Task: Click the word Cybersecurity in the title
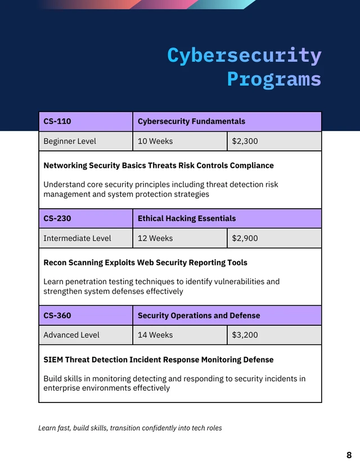(x=244, y=56)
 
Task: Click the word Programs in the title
(x=274, y=79)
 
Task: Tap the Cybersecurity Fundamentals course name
(x=191, y=121)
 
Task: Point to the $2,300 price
(x=245, y=141)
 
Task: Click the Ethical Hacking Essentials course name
(x=187, y=218)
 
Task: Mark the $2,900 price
(x=245, y=238)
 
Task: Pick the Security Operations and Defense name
(x=199, y=316)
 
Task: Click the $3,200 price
(x=245, y=335)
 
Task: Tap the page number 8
(x=349, y=455)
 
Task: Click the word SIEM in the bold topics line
(x=53, y=360)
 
